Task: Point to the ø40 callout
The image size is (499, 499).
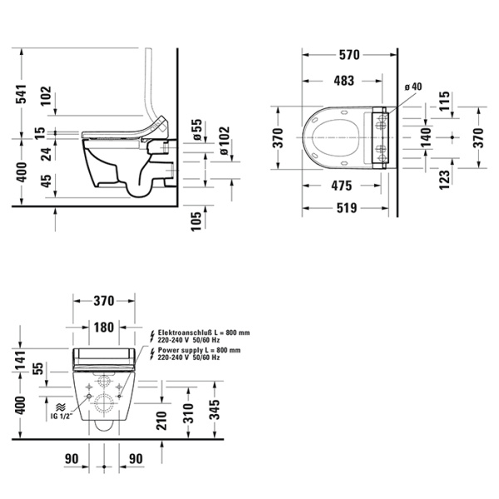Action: pyautogui.click(x=413, y=87)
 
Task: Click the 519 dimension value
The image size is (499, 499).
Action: pyautogui.click(x=348, y=209)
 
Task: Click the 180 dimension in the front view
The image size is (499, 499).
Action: pyautogui.click(x=103, y=326)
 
